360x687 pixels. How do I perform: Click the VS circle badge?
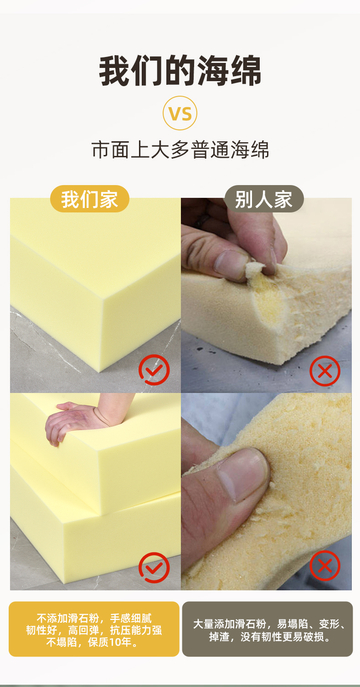[180, 113]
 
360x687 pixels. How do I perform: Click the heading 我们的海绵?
[180, 71]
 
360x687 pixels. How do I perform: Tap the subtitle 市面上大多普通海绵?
[180, 150]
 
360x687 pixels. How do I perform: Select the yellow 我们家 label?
[89, 199]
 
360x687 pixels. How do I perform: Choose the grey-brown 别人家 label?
[264, 199]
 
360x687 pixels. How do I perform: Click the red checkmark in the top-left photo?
[154, 370]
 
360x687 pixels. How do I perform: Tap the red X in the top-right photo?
[325, 371]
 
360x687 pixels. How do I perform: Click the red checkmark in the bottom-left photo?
[154, 568]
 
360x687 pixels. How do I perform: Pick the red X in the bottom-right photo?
[325, 566]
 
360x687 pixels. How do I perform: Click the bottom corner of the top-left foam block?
[99, 372]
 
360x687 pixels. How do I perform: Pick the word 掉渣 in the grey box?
[220, 637]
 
